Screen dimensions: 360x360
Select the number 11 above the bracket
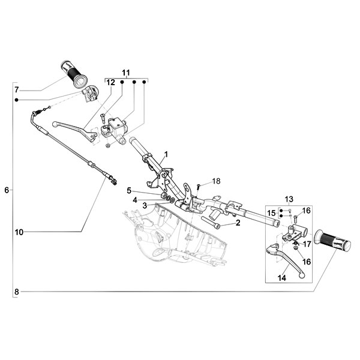[x=126, y=73]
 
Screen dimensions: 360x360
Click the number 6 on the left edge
[x=7, y=190]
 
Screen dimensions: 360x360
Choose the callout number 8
[x=17, y=292]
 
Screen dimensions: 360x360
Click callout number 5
[x=128, y=191]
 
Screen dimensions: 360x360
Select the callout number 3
[x=145, y=205]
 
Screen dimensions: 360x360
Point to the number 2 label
[x=238, y=223]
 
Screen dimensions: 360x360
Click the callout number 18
[x=217, y=181]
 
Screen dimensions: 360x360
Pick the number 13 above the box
[x=289, y=199]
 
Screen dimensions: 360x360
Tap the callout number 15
[x=271, y=212]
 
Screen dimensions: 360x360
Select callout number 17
[x=307, y=244]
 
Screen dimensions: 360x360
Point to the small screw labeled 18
[x=198, y=186]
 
